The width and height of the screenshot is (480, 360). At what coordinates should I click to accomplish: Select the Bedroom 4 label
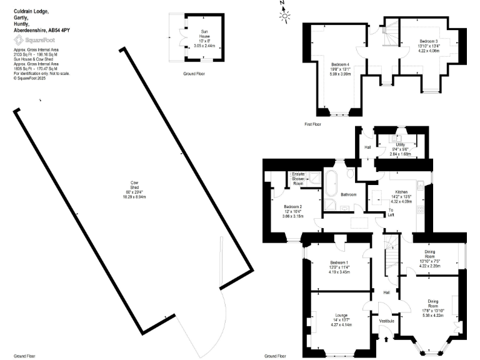pos(339,64)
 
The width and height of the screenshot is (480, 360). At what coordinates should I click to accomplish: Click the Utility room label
pos(400,144)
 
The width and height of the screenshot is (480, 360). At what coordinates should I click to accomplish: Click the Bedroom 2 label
pos(292,207)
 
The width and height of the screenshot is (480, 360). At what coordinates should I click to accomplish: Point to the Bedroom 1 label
pos(339,262)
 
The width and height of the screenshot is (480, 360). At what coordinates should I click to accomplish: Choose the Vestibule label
pos(387,321)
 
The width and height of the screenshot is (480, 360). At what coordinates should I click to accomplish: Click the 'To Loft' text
pos(391,212)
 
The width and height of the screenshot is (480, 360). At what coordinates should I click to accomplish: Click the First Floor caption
pos(312,124)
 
